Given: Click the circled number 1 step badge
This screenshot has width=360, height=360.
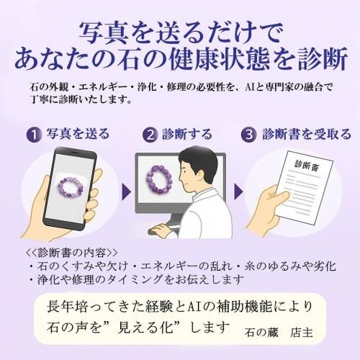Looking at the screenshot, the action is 35,135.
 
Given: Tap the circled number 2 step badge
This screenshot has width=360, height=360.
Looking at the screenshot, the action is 150,135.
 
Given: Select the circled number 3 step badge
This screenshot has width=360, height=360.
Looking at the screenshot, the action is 249,135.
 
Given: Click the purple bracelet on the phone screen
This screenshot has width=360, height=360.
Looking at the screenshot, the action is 71,187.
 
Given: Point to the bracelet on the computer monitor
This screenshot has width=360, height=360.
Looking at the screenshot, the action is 159,178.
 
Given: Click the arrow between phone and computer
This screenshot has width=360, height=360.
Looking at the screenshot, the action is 126,192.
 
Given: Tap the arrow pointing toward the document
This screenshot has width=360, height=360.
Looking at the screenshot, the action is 238,192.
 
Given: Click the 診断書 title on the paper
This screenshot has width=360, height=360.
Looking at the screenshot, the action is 307,166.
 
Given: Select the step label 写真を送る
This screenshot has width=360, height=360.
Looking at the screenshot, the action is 78,133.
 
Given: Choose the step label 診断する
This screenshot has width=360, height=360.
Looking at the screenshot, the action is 187,134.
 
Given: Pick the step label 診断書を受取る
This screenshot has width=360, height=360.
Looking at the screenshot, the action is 307,134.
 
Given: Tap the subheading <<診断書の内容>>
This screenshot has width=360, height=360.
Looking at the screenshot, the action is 72,253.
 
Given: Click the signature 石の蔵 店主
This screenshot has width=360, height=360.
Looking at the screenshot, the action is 279,333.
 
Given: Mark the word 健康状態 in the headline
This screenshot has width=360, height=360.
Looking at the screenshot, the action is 225,58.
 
